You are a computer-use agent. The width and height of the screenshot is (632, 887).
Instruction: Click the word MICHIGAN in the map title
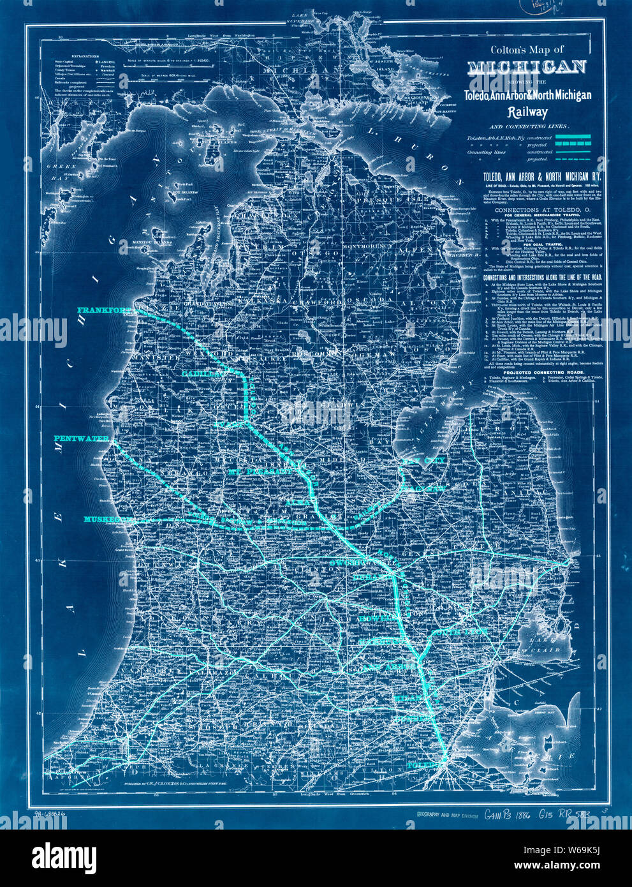coord(527,67)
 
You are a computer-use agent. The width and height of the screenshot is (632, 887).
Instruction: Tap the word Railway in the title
coord(527,112)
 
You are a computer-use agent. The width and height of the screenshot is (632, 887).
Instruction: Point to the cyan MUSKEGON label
coord(106,519)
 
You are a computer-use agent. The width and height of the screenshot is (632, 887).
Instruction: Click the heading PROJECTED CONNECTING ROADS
coord(540,373)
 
